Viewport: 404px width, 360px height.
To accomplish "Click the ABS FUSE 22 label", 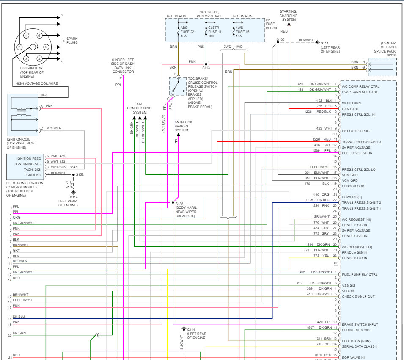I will click(187, 32).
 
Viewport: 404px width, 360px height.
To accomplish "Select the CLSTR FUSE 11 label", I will click(214, 32).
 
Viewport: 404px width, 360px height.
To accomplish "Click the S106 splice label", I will click(280, 39).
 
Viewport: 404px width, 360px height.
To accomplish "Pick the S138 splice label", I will click(179, 204).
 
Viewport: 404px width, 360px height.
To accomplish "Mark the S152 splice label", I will click(80, 174).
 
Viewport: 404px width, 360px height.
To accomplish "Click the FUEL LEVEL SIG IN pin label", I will click(357, 153).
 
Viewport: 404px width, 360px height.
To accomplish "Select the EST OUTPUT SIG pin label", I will click(356, 131).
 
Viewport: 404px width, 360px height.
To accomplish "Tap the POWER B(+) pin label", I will click(351, 197).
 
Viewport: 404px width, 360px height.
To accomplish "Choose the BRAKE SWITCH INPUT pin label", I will click(360, 324).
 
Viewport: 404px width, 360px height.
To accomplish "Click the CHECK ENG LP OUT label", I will click(359, 296).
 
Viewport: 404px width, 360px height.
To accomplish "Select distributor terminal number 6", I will click(39, 36).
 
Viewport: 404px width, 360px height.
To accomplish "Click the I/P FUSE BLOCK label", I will click(271, 24).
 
